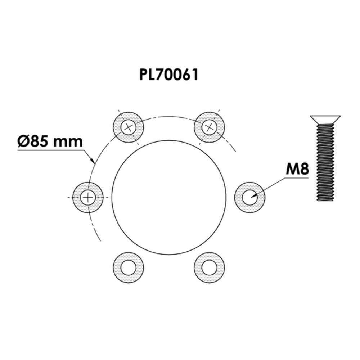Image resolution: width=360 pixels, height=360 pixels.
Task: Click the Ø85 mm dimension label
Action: pos(50,141)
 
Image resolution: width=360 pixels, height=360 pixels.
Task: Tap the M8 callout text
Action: pos(297,169)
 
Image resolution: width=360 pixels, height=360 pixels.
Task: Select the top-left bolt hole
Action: pos(129,127)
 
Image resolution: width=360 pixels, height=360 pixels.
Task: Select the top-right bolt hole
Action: pos(209,127)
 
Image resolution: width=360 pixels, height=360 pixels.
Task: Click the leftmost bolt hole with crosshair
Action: pos(88,197)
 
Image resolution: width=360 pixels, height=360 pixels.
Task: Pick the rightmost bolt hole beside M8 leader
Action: pos(249,197)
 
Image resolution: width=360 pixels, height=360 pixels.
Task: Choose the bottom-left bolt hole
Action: pos(129,268)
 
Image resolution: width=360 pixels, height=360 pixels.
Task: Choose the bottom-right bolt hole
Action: pos(209,268)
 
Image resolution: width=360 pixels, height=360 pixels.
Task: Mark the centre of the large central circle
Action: pos(169,197)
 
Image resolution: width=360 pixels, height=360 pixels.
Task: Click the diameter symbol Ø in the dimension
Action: pos(23,141)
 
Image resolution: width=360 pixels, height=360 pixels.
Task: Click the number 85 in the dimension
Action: pos(40,141)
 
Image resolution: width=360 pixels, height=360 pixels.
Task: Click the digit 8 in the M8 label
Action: pos(304,169)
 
